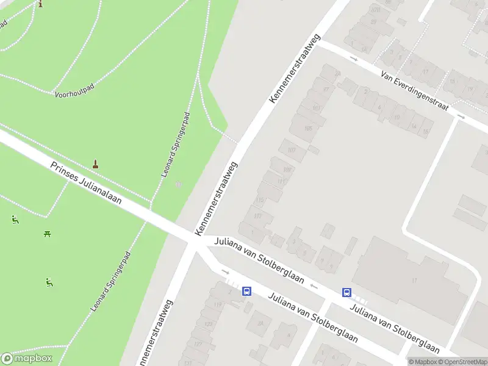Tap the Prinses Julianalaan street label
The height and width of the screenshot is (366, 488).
tap(86, 183)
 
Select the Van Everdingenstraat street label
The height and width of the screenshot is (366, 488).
tap(414, 90)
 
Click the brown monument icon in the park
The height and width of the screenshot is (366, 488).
tap(95, 163)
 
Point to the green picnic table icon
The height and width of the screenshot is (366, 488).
tap(47, 233)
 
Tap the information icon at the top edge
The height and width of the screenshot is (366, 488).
tap(41, 4)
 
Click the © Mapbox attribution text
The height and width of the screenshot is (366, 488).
tap(423, 362)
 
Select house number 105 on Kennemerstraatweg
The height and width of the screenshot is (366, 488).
tap(307, 128)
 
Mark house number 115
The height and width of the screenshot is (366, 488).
tap(261, 199)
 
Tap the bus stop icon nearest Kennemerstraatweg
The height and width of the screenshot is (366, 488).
tap(247, 292)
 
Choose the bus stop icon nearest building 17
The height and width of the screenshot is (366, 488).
tap(346, 292)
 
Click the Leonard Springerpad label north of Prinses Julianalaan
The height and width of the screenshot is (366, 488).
tap(176, 145)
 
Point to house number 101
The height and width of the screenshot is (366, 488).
tap(316, 108)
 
